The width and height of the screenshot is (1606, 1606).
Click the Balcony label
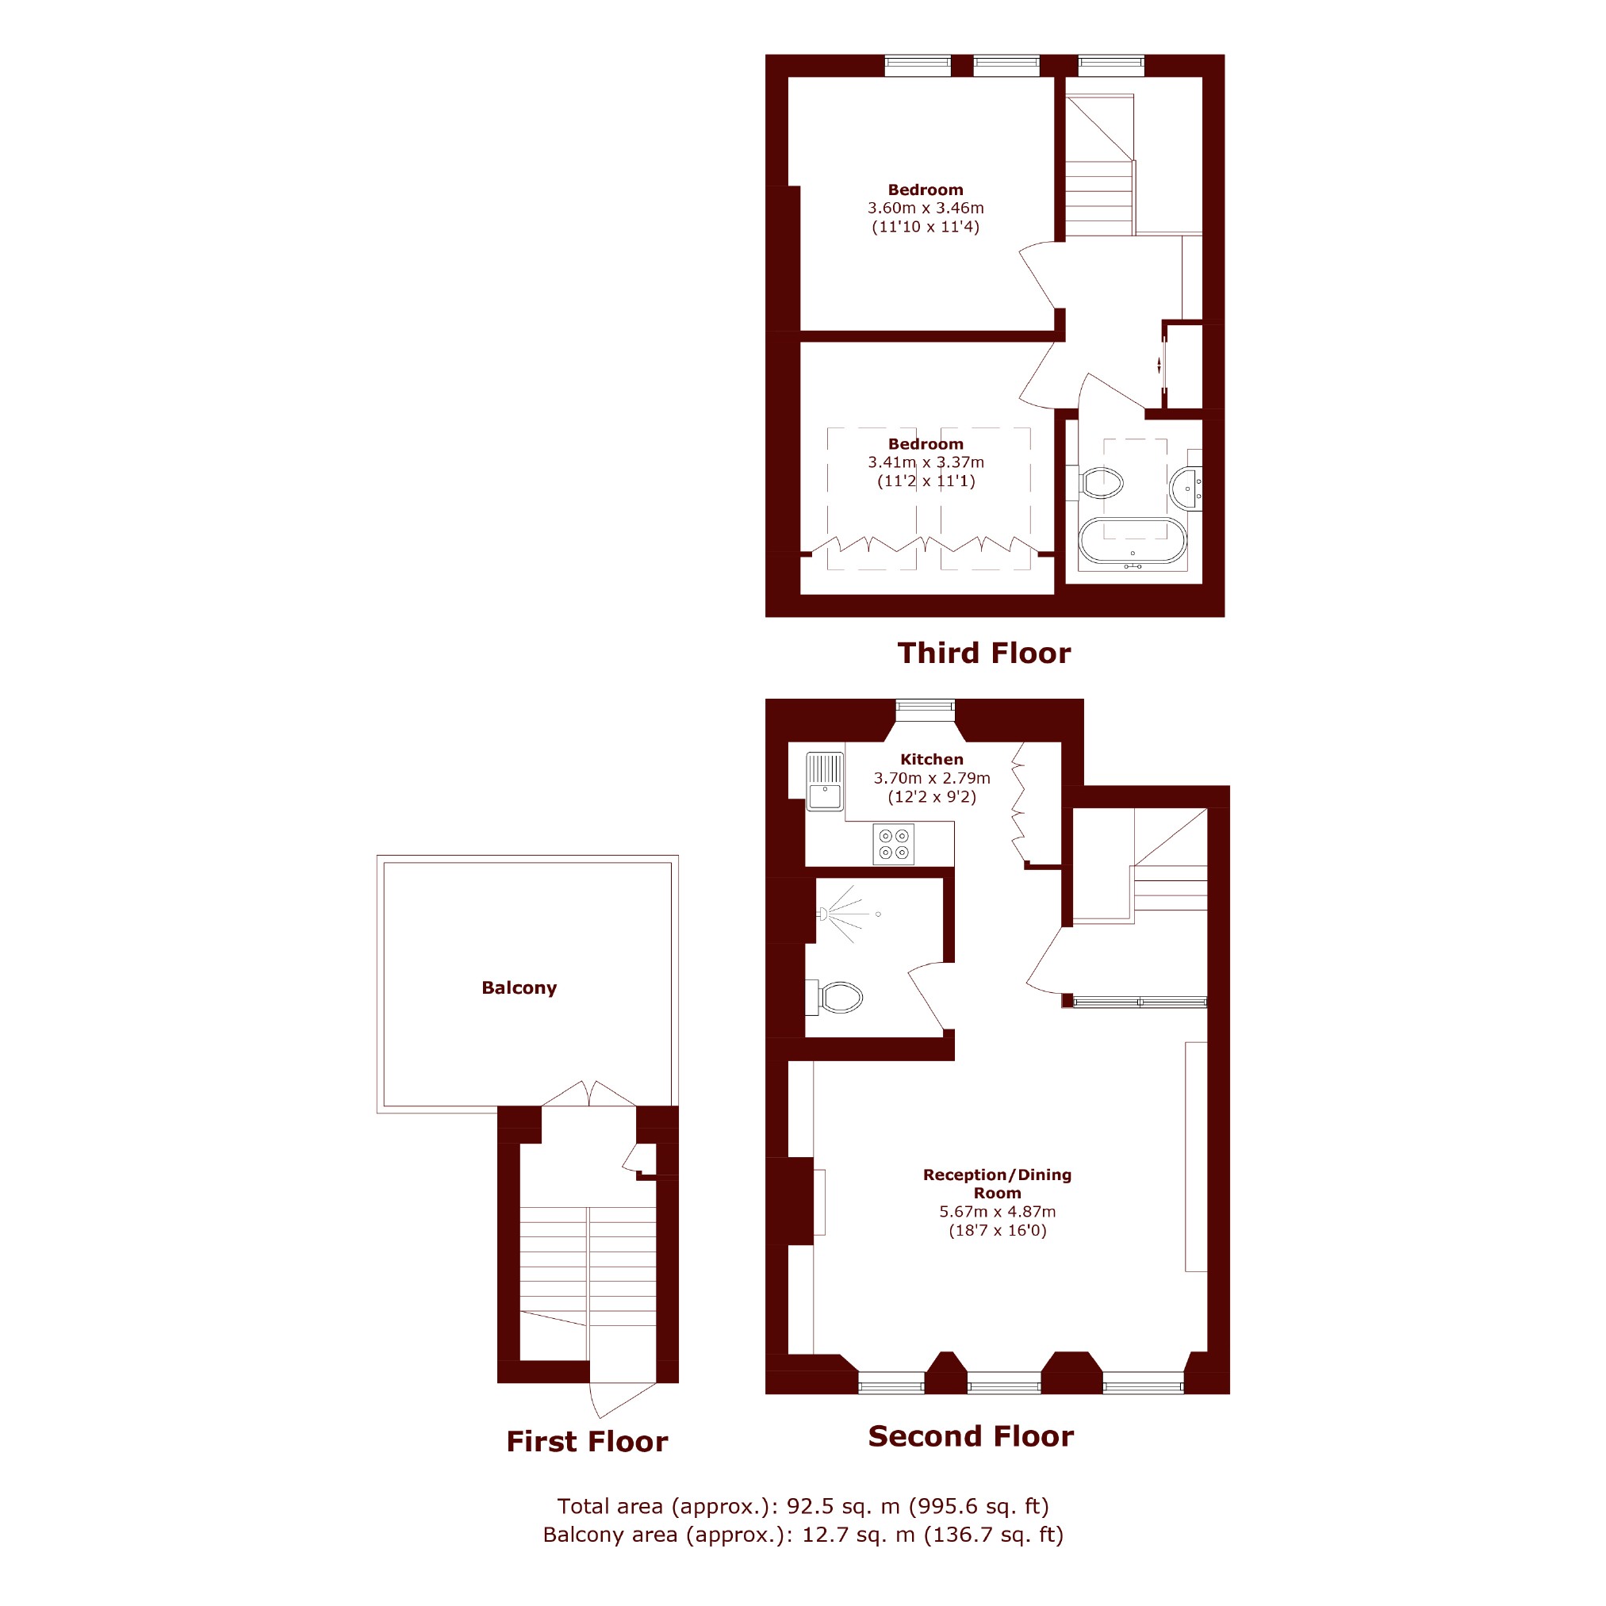pos(519,987)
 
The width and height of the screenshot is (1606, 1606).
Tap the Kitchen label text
pos(932,759)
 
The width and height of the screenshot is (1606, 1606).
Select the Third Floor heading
pos(984,653)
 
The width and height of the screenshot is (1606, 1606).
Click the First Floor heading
pos(587,1440)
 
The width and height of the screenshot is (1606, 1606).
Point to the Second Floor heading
pos(971,1435)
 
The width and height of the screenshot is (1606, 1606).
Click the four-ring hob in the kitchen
pos(894,844)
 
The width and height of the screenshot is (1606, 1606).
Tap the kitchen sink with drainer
pos(825,780)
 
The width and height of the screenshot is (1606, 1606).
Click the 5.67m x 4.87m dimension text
pos(998,1211)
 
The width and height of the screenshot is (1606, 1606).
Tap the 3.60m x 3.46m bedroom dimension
pos(926,208)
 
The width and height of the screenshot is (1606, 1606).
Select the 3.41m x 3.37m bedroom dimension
pos(926,462)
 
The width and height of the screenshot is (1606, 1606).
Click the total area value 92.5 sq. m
pos(843,1505)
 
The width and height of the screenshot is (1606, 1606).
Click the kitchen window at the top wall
pos(926,706)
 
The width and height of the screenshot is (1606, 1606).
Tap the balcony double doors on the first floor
pos(588,1093)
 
